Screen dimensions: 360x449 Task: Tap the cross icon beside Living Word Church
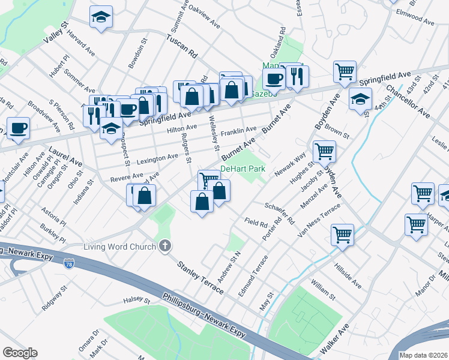[164, 246]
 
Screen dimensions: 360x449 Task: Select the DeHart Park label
[243, 169]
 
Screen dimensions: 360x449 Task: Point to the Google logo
[20, 353]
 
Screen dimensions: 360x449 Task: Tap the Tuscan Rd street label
[182, 46]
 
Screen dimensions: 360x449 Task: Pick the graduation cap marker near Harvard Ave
[101, 18]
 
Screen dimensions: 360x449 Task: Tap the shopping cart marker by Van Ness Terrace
[342, 234]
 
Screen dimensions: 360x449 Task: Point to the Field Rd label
[256, 222]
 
